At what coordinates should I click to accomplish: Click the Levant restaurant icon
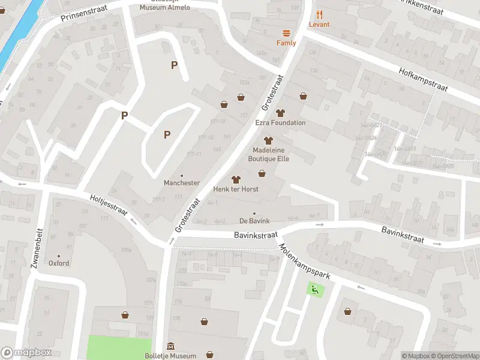click(x=320, y=15)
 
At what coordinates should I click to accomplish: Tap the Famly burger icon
click(x=286, y=34)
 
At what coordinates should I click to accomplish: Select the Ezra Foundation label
click(x=280, y=123)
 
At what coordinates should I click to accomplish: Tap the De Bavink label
click(x=254, y=221)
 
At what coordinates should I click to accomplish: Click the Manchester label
click(x=182, y=182)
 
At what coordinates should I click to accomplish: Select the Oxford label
click(x=59, y=263)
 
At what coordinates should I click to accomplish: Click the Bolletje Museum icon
click(x=171, y=346)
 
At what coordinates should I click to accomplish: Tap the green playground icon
click(x=314, y=290)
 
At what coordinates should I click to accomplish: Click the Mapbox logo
click(x=26, y=353)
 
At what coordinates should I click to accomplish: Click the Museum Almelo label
click(x=164, y=7)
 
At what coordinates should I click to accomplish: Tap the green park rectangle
click(x=119, y=347)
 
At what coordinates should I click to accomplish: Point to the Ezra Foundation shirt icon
click(x=280, y=112)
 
